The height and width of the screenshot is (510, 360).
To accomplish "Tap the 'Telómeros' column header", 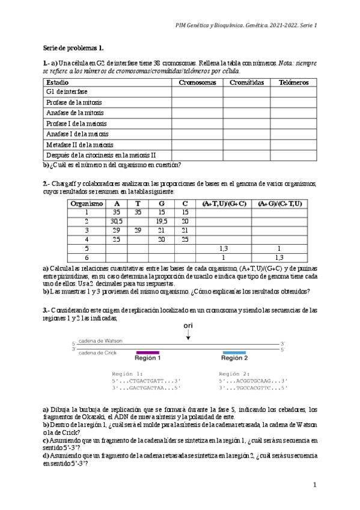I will pyautogui.click(x=294, y=82).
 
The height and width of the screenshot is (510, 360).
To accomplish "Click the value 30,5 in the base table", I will pyautogui.click(x=117, y=221).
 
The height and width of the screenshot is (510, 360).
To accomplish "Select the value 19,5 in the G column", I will pyautogui.click(x=162, y=221).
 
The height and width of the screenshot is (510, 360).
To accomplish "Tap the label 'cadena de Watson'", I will pyautogui.click(x=100, y=341).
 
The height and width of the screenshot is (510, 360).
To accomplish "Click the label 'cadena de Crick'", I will pyautogui.click(x=97, y=353).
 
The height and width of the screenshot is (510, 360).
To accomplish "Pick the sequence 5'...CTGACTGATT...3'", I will pyautogui.click(x=144, y=381).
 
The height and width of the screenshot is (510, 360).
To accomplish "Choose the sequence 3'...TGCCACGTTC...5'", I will pyautogui.click(x=252, y=389).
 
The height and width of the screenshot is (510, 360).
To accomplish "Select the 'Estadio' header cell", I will pyautogui.click(x=58, y=82).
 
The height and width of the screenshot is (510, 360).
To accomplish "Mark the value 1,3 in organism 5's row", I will pyautogui.click(x=224, y=248).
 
